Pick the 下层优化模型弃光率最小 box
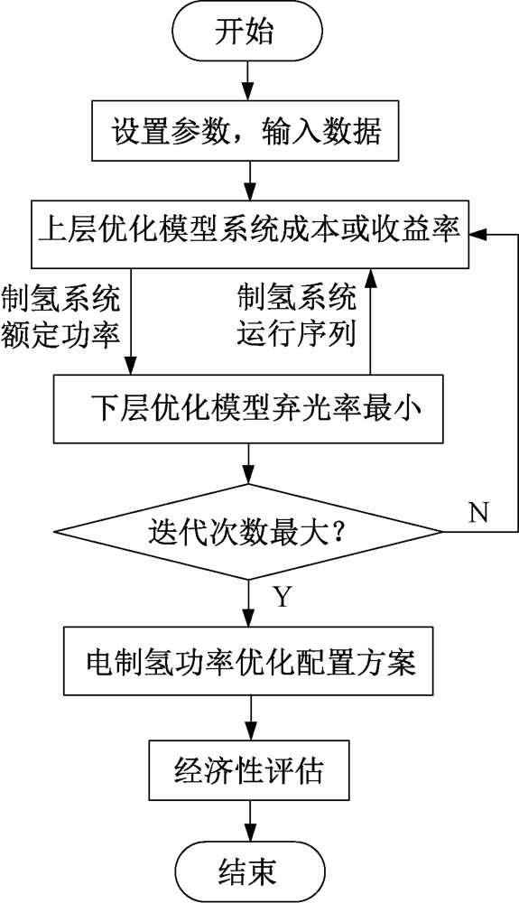click(x=248, y=409)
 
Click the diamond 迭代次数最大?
click(x=248, y=530)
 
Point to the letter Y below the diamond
click(x=282, y=598)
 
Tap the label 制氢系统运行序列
click(x=297, y=317)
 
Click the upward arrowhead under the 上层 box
click(x=370, y=277)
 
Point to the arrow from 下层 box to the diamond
click(x=248, y=463)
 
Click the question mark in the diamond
click(x=338, y=531)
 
